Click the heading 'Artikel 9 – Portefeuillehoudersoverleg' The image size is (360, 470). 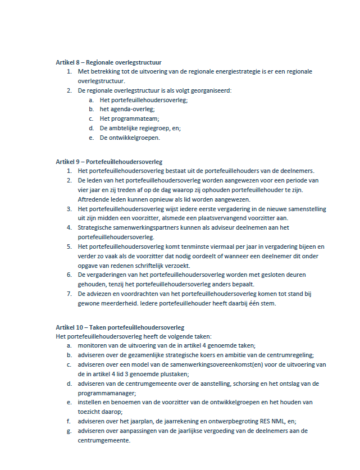pos(109,161)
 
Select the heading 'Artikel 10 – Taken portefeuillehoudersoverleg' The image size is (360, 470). pos(120,327)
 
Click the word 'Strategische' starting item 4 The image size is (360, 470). pos(97,227)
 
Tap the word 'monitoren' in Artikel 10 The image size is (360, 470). pos(94,345)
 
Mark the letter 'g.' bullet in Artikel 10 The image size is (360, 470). pos(69,431)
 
